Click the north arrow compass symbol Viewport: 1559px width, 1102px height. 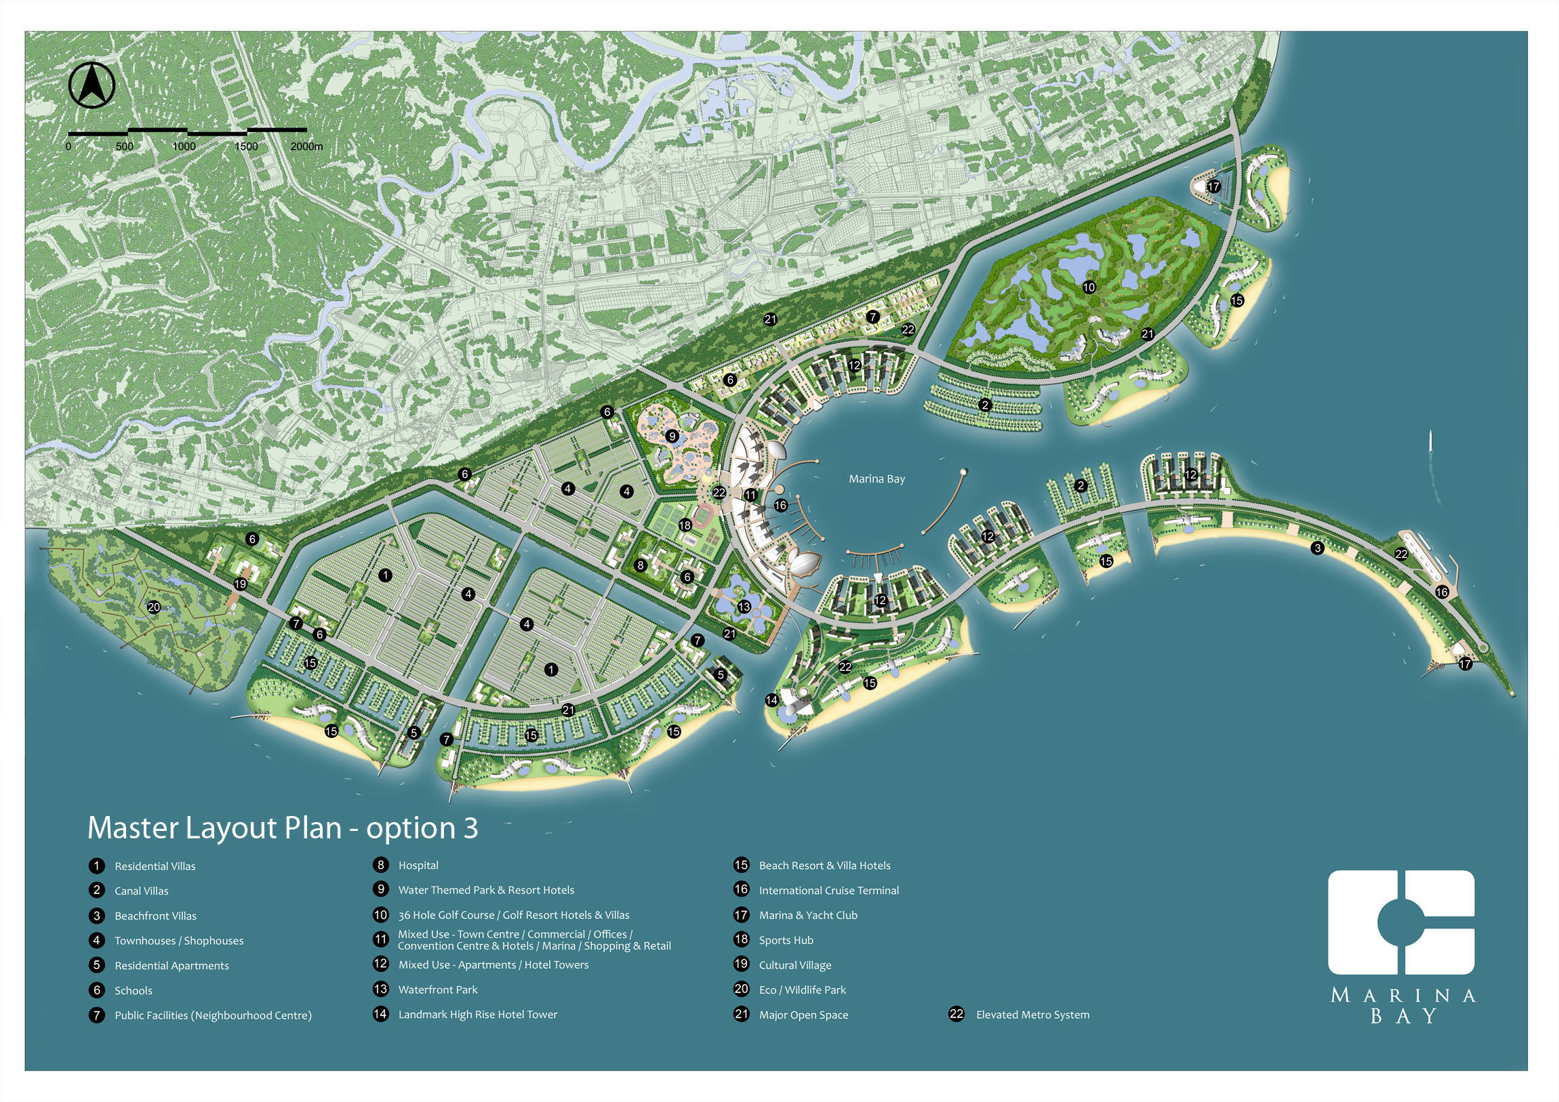click(92, 85)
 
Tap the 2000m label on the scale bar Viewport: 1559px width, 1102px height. click(306, 146)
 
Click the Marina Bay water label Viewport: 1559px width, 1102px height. click(876, 479)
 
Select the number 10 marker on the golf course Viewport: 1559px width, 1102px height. click(1089, 287)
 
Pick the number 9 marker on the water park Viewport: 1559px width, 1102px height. click(672, 436)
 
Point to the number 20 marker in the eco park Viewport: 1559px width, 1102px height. click(154, 607)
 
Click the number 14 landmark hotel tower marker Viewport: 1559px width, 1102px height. click(771, 700)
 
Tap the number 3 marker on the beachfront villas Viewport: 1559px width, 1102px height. click(1317, 548)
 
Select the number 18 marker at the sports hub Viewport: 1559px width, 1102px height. click(685, 525)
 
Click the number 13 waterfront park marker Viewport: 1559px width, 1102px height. click(744, 607)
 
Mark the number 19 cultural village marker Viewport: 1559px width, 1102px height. click(240, 584)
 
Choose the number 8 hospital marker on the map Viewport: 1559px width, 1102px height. click(641, 565)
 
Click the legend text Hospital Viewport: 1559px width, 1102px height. click(418, 865)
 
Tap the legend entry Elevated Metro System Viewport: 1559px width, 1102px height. click(1032, 1015)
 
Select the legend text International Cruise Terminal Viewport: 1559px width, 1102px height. click(828, 891)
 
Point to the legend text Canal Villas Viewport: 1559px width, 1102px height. click(141, 891)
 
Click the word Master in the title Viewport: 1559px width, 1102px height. click(132, 828)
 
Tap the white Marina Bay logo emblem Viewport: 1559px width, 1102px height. click(1401, 923)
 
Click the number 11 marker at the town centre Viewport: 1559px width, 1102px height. click(750, 495)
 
